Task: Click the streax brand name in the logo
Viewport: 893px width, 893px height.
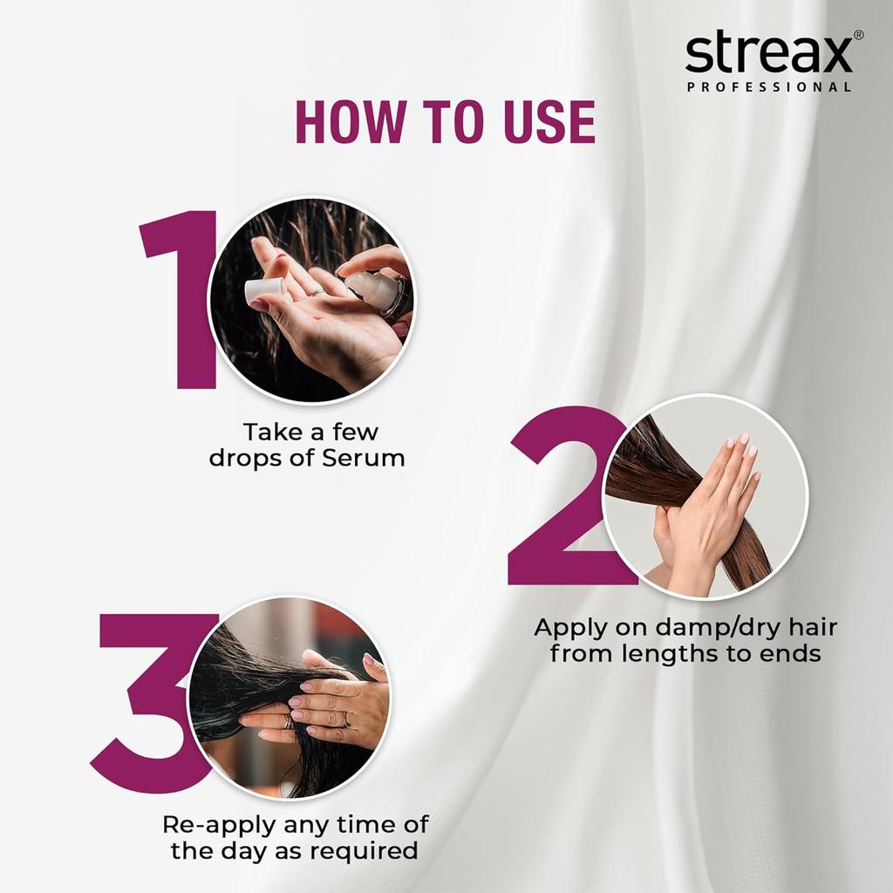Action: click(x=767, y=54)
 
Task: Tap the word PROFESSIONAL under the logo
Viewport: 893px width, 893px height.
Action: click(x=768, y=87)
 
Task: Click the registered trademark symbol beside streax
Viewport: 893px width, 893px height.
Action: click(x=858, y=35)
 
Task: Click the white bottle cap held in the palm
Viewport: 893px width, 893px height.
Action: click(x=263, y=292)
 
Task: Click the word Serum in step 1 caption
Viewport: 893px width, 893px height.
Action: click(x=363, y=458)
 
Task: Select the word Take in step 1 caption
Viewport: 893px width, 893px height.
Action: click(x=272, y=432)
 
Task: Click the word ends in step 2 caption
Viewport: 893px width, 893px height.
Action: click(x=790, y=653)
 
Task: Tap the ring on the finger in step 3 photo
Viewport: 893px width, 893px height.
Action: click(x=344, y=719)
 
